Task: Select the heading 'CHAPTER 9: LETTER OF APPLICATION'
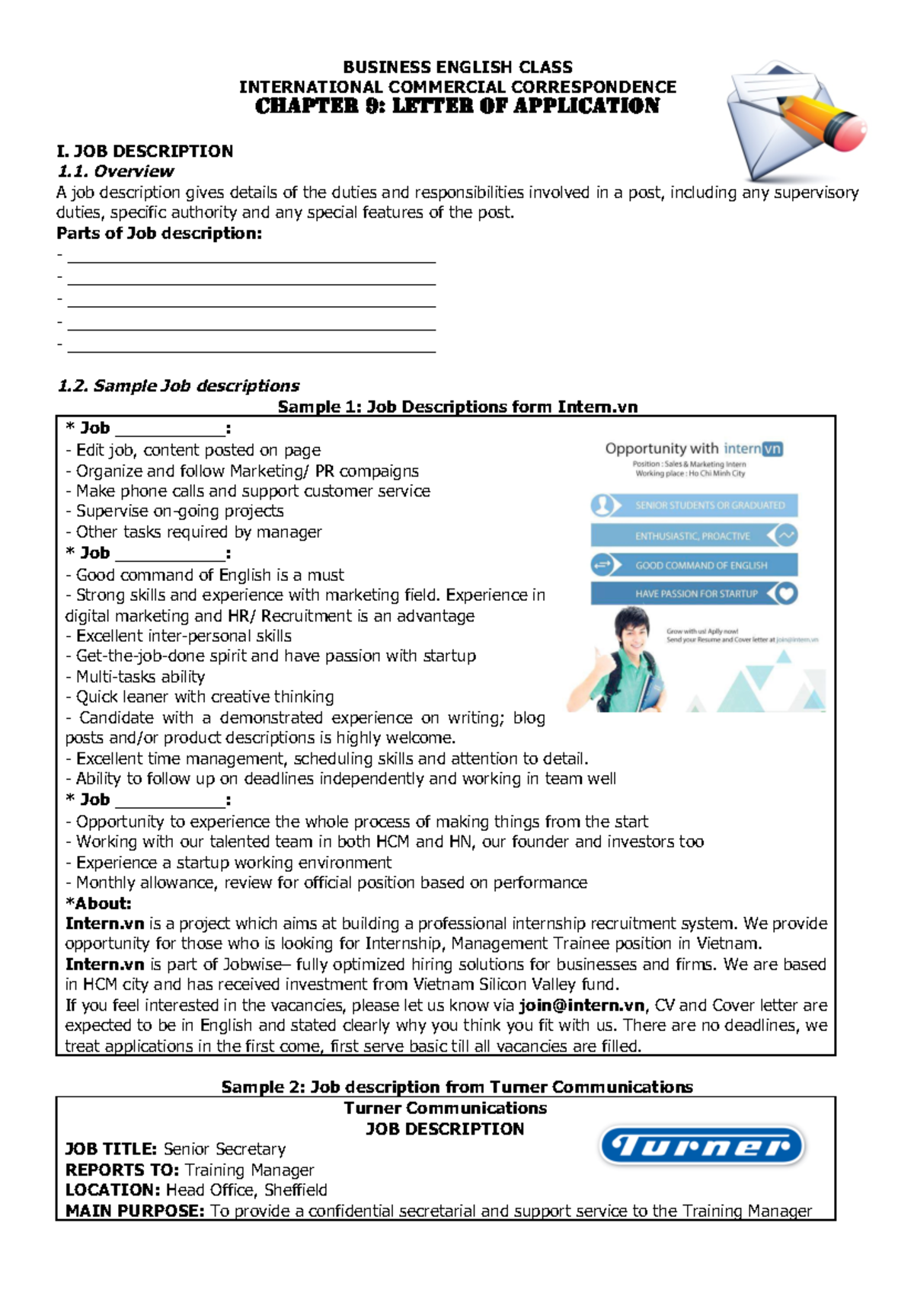(457, 107)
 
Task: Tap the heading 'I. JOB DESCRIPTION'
(145, 151)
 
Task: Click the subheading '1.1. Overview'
(116, 171)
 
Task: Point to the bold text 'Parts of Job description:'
(159, 234)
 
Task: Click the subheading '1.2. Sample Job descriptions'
(178, 386)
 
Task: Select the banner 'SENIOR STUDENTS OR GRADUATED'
(709, 505)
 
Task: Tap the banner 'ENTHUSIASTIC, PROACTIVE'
(692, 536)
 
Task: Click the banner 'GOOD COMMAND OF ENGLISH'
(701, 565)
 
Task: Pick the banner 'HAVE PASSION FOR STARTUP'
(696, 594)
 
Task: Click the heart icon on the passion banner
(787, 593)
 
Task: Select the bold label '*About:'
(99, 904)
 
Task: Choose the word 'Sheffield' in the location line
(296, 1190)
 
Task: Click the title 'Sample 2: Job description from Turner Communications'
(457, 1087)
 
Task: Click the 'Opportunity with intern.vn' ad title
(693, 449)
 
